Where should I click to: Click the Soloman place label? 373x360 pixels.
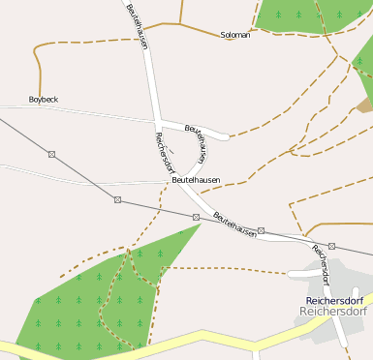pos(235,35)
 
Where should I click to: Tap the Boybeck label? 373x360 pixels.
pos(44,100)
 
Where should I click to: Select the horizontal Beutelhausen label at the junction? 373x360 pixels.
pos(196,180)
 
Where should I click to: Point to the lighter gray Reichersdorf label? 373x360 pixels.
pos(333,312)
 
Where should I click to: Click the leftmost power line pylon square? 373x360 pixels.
pos(50,153)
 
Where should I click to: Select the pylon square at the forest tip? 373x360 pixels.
pos(196,217)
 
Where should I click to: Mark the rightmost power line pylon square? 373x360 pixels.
pos(331,247)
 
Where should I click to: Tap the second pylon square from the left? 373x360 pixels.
pos(117,200)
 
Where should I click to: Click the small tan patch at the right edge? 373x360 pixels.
pos(365,105)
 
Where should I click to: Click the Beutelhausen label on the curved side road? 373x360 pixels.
pos(197,140)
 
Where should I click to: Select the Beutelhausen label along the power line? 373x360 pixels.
pos(234,225)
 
